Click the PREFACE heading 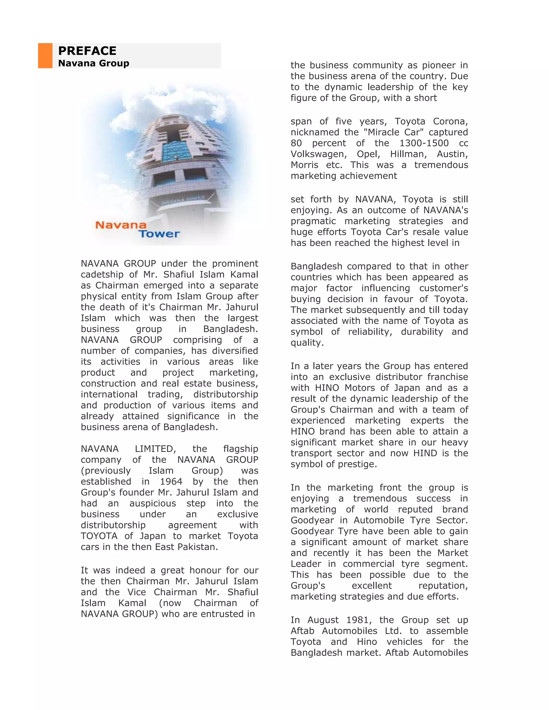pyautogui.click(x=87, y=51)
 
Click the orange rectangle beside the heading pyautogui.click(x=45, y=55)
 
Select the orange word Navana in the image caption pyautogui.click(x=121, y=225)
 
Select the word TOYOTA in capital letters pyautogui.click(x=99, y=536)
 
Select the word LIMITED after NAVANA pyautogui.click(x=155, y=449)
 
